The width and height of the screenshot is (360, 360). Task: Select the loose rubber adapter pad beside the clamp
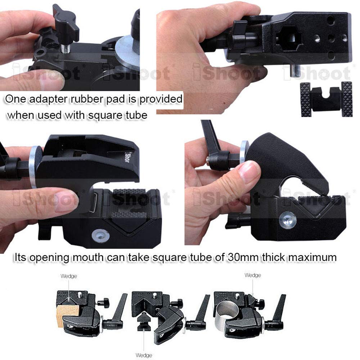click(326, 98)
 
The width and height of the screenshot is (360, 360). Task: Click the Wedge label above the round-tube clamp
click(253, 275)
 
